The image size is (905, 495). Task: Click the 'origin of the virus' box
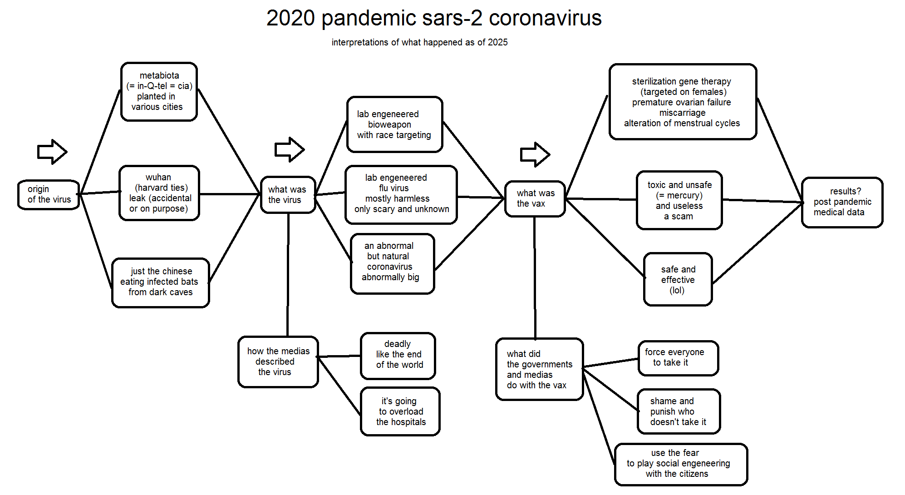49,194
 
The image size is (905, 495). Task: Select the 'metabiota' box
159,92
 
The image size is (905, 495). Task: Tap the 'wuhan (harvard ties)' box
159,193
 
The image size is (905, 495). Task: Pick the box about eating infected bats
161,282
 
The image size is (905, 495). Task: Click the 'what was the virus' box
288,195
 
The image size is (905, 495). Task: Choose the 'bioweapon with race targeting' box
394,124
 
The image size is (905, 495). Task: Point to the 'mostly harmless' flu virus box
401,195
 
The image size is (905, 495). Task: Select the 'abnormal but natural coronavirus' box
393,264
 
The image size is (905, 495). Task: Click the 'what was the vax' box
535,199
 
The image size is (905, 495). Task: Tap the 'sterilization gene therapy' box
683,102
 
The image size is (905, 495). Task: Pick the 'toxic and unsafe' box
679,200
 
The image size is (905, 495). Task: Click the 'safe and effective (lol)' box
678,279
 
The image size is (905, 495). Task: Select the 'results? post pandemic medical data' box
842,202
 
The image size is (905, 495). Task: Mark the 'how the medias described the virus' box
278,362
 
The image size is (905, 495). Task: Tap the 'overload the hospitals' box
400,411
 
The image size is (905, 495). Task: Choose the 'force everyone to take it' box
678,358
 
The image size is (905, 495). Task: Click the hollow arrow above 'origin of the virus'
52,152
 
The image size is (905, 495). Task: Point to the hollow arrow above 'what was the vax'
535,154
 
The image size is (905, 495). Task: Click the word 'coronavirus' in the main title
545,18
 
